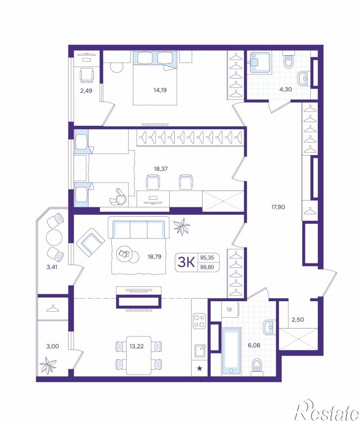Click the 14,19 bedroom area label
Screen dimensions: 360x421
(x=160, y=90)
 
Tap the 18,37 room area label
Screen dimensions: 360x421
(x=161, y=168)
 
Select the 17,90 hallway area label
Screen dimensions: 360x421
(x=278, y=207)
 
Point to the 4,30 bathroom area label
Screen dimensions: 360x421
(x=286, y=89)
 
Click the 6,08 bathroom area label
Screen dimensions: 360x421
(x=254, y=345)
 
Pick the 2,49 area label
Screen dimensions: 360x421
(x=86, y=91)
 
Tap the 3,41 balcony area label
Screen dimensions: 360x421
(x=52, y=267)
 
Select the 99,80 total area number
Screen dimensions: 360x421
(x=207, y=267)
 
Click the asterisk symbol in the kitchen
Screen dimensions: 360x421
(x=200, y=369)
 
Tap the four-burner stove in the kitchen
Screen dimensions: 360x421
(x=199, y=321)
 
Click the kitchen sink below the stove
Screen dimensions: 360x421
(x=200, y=350)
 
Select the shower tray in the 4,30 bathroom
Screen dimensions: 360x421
(x=259, y=63)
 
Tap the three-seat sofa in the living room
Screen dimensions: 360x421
(x=139, y=228)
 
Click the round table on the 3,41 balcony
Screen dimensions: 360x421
(x=54, y=238)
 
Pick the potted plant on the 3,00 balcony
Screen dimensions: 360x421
(x=48, y=365)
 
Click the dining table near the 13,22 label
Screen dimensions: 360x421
(x=139, y=355)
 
